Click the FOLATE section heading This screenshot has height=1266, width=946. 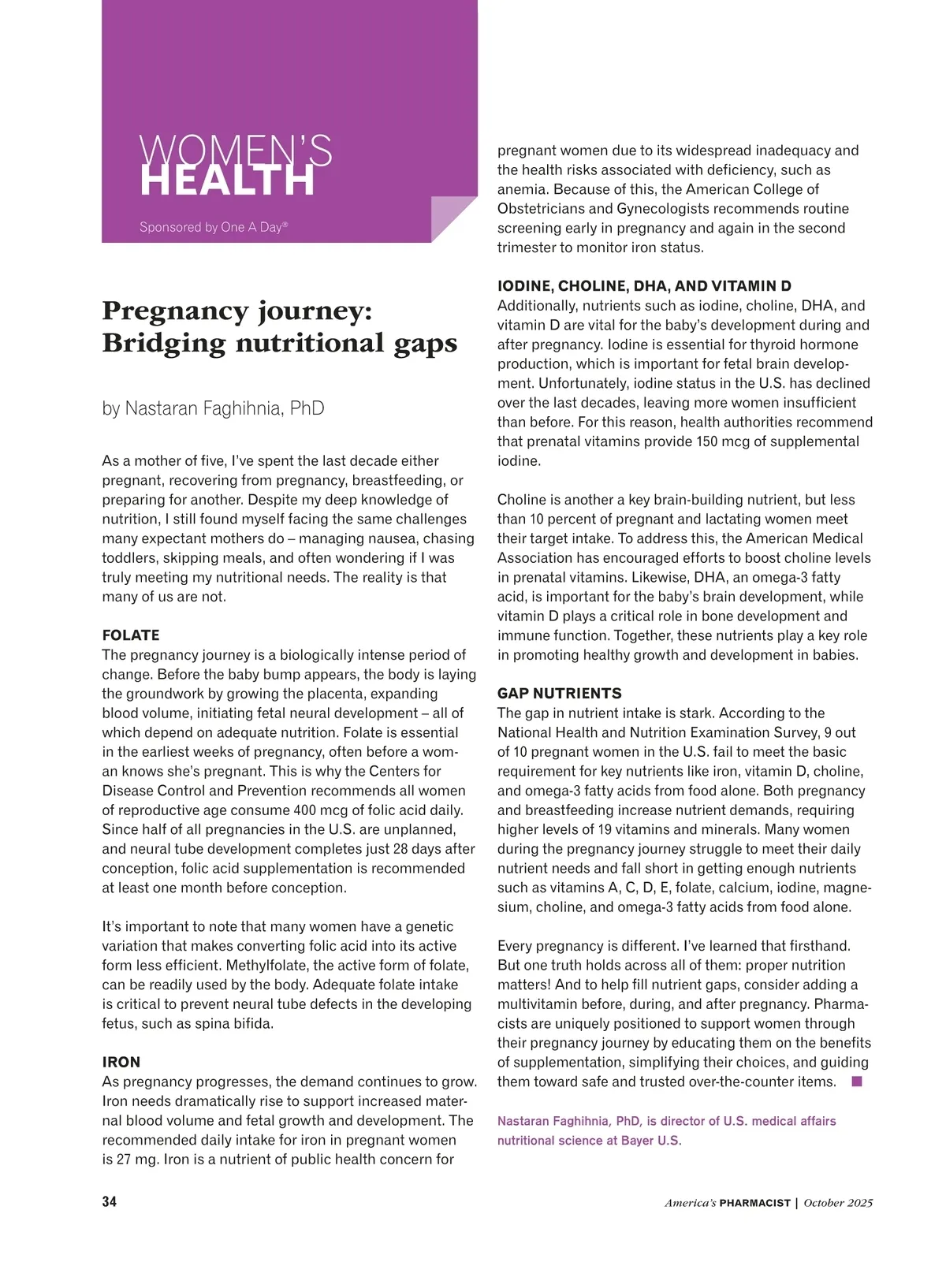click(131, 635)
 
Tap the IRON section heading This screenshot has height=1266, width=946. click(121, 1062)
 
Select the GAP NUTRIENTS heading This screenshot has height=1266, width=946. click(559, 694)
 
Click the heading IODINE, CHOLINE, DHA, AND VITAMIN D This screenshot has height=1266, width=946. click(644, 286)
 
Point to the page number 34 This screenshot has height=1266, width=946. click(110, 1202)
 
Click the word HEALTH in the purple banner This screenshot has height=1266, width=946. click(227, 181)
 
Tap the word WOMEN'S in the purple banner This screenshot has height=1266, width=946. click(235, 150)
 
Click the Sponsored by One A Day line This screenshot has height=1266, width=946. click(214, 227)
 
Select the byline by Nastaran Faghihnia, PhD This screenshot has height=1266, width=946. click(213, 408)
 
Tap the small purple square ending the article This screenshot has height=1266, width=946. click(857, 1082)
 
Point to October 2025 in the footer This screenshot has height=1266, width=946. click(838, 1203)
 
